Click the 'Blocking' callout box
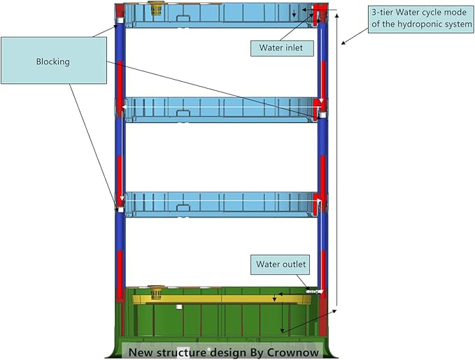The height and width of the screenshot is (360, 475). pos(52,62)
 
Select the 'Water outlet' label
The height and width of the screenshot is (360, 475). pos(281,265)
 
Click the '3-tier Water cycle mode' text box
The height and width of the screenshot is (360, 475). pos(418,20)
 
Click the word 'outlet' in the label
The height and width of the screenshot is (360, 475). pos(294,265)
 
